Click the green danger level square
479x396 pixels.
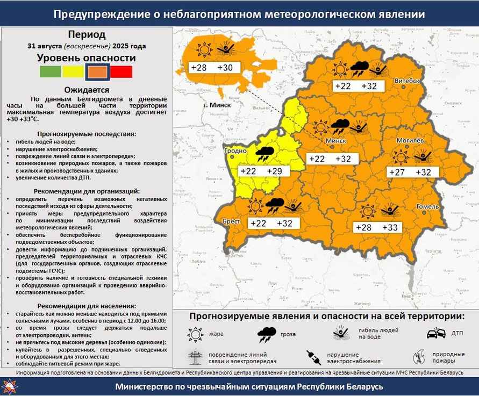click(x=50, y=71)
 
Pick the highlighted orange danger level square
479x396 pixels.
click(x=97, y=71)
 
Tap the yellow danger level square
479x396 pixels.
click(x=73, y=71)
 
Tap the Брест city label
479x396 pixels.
click(x=231, y=221)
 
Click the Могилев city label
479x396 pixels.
click(x=412, y=140)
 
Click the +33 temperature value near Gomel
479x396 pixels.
click(x=390, y=228)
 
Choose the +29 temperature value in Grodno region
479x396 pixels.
click(x=275, y=171)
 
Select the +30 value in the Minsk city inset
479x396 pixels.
click(x=225, y=68)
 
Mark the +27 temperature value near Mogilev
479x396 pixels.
click(x=397, y=172)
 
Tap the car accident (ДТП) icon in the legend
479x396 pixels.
click(x=436, y=333)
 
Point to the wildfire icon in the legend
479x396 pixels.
click(x=420, y=357)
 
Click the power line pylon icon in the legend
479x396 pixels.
click(x=194, y=357)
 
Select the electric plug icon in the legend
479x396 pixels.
click(x=313, y=357)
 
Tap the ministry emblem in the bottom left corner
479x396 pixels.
click(x=10, y=386)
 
